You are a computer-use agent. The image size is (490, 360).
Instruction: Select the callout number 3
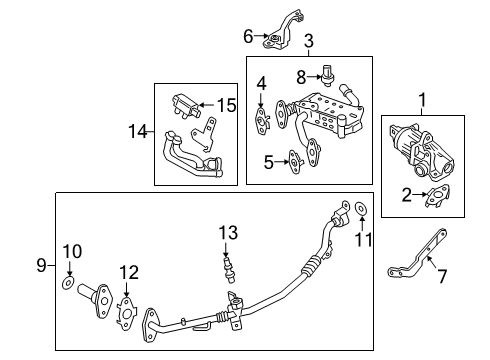tap(309, 41)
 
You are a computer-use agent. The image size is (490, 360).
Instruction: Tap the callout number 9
tap(41, 265)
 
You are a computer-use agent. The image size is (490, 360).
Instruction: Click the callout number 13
tap(229, 232)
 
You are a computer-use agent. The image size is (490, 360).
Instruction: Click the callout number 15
tap(229, 104)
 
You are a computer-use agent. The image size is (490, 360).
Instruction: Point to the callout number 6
tap(249, 38)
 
